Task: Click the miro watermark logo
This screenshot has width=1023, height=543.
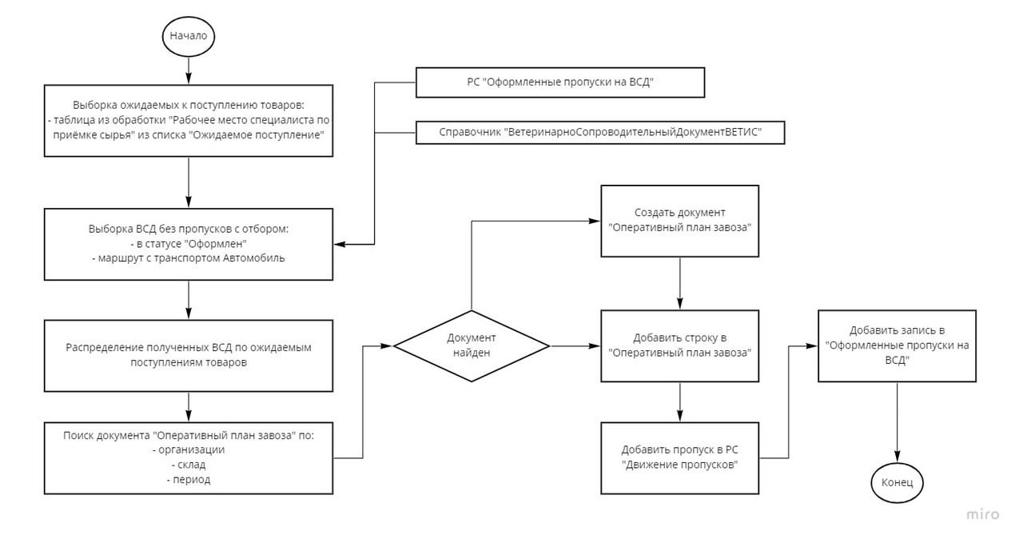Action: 983,515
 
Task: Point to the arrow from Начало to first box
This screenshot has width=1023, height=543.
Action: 189,70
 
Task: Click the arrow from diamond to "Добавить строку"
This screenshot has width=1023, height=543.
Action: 575,346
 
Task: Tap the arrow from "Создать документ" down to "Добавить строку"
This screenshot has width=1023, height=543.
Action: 679,283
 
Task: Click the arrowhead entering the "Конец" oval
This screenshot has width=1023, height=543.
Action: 897,457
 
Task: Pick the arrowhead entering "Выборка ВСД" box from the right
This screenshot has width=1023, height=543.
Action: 340,244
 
